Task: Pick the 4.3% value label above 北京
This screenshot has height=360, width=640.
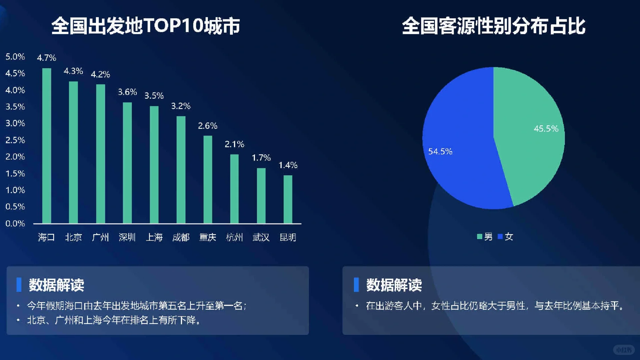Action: [73, 71]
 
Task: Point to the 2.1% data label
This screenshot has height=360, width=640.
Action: [234, 144]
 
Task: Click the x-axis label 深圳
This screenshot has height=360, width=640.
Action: [127, 237]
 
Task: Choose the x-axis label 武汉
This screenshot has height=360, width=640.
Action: [261, 237]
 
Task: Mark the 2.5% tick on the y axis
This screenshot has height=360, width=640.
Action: [15, 140]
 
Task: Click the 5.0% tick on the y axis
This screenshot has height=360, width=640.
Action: [15, 57]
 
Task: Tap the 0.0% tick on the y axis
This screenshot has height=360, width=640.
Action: [15, 223]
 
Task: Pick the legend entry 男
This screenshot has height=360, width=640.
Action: [485, 237]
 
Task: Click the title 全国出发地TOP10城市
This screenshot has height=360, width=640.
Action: [146, 26]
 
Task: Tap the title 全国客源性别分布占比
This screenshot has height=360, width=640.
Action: [493, 26]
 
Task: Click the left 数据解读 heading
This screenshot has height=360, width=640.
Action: [56, 285]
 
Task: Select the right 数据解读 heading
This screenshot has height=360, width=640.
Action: [394, 285]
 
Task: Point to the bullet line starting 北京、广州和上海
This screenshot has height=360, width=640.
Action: [113, 320]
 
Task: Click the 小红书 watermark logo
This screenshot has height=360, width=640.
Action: [624, 350]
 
